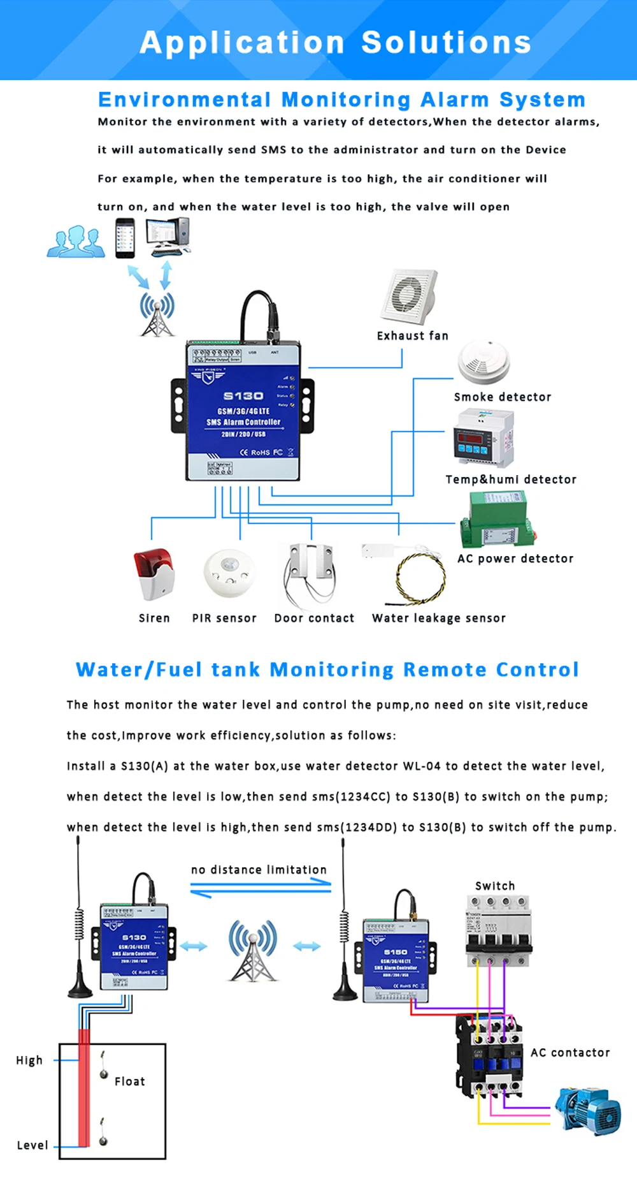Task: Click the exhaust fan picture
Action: click(409, 296)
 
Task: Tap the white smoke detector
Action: click(484, 363)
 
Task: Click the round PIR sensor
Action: click(229, 573)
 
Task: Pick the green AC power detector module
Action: click(496, 520)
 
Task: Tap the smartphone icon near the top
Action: click(125, 238)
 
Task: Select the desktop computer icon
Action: click(168, 237)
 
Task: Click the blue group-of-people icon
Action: click(76, 242)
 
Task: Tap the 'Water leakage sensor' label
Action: click(439, 618)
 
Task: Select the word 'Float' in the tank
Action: click(130, 1081)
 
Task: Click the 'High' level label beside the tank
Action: click(29, 1060)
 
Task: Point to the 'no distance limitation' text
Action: click(259, 870)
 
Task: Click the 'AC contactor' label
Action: click(570, 1053)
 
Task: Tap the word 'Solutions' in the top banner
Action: click(446, 43)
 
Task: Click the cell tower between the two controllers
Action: click(253, 950)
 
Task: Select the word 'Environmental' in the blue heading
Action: click(185, 100)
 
